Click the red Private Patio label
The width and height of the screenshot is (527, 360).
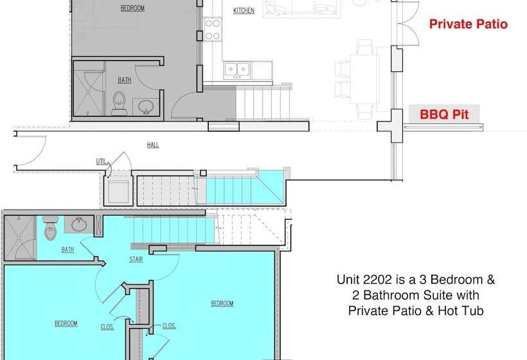[468, 24]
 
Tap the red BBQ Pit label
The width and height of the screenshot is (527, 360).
[444, 114]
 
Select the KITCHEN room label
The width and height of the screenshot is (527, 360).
[244, 11]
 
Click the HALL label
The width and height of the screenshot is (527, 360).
[153, 145]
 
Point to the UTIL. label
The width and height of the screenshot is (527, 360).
[102, 162]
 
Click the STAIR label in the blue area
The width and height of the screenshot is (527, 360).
[136, 260]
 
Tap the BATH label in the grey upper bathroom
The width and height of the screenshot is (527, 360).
[124, 80]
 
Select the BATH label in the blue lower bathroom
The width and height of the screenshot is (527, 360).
[67, 249]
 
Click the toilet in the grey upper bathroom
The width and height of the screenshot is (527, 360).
[119, 104]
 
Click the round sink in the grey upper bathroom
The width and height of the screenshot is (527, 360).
[146, 107]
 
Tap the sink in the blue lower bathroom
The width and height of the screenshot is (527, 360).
[79, 224]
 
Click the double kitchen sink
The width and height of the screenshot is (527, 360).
[237, 70]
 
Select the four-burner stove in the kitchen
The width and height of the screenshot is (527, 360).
[213, 29]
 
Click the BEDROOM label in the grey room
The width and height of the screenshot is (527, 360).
[132, 8]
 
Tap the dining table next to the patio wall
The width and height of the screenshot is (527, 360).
[364, 79]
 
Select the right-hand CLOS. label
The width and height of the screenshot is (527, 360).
[169, 326]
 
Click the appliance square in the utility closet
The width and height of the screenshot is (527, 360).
[118, 192]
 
